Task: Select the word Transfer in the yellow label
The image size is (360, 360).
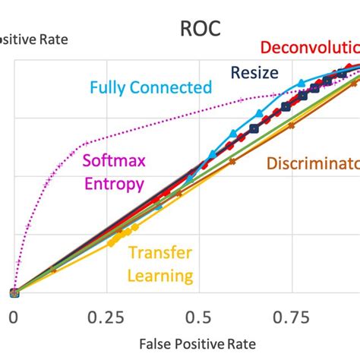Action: pos(159,253)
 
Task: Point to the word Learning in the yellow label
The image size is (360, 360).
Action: pos(159,274)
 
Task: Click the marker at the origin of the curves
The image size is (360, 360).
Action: pos(14,292)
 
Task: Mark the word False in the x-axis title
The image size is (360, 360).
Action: pos(138,346)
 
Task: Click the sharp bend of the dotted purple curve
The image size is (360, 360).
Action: pos(85,142)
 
